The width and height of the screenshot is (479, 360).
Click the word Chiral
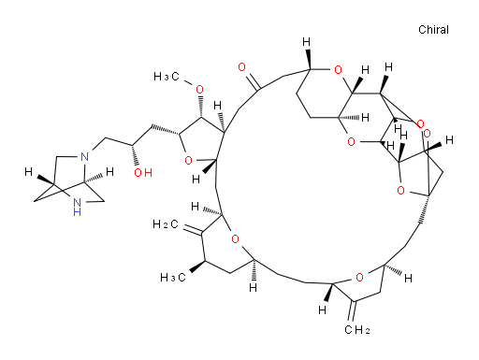click(433, 30)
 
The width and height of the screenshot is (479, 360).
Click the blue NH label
click(77, 208)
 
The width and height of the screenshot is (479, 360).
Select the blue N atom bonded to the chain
click(84, 157)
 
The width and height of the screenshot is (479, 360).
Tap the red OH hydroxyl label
click(143, 172)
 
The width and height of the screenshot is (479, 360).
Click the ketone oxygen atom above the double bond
click(241, 67)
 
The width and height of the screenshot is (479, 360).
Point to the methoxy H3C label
click(167, 77)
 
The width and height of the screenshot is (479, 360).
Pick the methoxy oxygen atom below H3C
click(199, 90)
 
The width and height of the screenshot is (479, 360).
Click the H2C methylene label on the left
click(166, 224)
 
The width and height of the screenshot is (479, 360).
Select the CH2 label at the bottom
click(357, 330)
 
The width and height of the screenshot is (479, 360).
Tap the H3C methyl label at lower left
click(173, 278)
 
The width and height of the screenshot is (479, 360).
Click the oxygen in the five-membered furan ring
click(188, 161)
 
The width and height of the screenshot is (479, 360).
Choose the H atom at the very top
click(307, 42)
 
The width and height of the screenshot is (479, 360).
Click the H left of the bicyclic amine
click(29, 172)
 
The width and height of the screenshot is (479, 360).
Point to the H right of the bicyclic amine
click(109, 172)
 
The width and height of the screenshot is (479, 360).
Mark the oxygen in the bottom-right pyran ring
click(359, 277)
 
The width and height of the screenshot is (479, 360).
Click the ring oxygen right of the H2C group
click(235, 239)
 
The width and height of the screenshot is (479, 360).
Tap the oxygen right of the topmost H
click(338, 70)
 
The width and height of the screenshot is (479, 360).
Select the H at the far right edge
click(449, 140)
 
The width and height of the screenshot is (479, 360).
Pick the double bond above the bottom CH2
click(352, 310)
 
